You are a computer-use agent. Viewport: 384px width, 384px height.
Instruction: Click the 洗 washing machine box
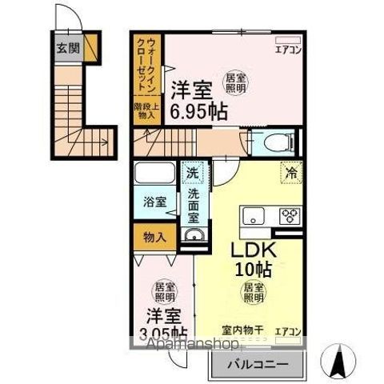tap(194, 171)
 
